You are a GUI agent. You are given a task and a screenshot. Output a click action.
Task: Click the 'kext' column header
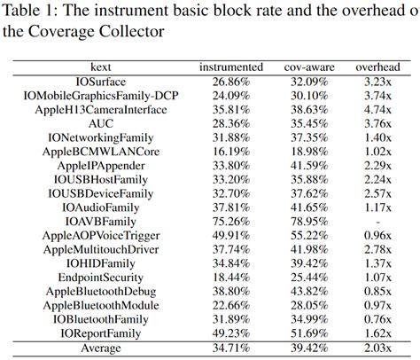101,67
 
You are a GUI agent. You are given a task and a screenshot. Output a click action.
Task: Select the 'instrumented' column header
230,67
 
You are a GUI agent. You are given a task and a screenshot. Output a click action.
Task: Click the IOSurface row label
101,81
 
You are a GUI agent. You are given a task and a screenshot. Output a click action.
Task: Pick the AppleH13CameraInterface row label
101,110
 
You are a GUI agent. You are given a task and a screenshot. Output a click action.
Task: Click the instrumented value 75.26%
230,221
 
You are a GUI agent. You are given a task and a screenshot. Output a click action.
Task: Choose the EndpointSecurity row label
101,277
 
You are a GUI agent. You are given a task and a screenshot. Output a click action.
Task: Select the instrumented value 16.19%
230,152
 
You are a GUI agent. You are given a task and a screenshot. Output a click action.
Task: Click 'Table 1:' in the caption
35,12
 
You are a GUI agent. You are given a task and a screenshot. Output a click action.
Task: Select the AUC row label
101,124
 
